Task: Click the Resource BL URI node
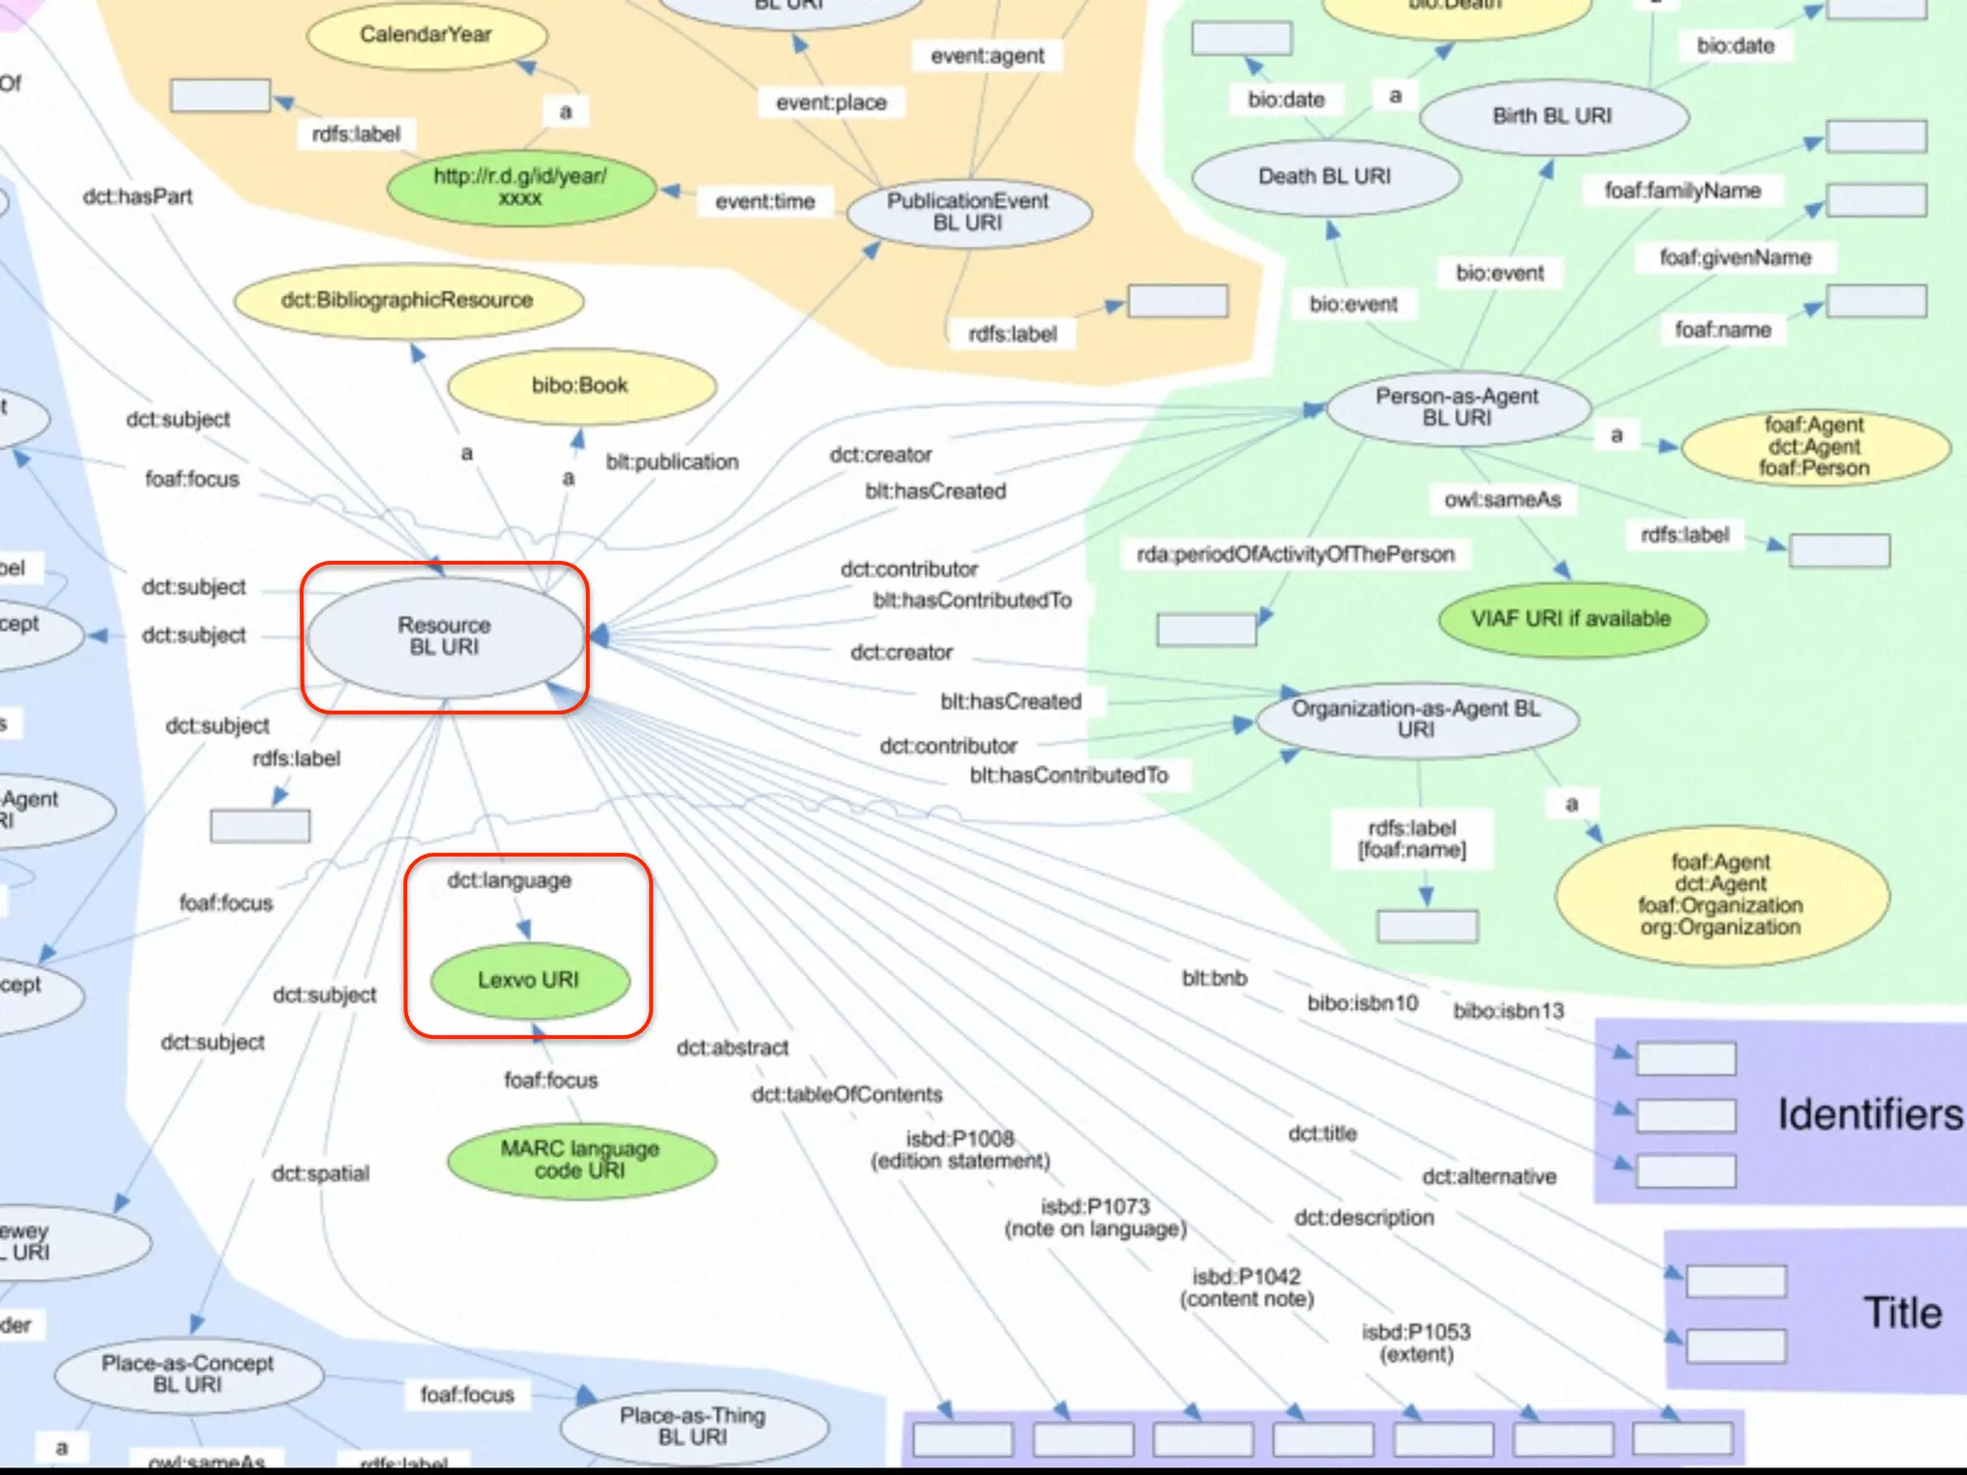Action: pyautogui.click(x=445, y=636)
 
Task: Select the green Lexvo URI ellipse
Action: pyautogui.click(x=529, y=980)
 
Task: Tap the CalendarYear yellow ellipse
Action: pyautogui.click(x=426, y=36)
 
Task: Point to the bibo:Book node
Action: pyautogui.click(x=581, y=386)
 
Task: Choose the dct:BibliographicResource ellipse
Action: pyautogui.click(x=407, y=301)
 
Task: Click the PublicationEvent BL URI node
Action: pyautogui.click(x=968, y=212)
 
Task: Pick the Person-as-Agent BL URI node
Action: pyautogui.click(x=1457, y=407)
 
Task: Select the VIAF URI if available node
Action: pyautogui.click(x=1571, y=619)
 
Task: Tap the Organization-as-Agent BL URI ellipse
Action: pyautogui.click(x=1417, y=719)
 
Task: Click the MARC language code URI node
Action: pyautogui.click(x=581, y=1160)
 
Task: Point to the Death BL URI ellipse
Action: pyautogui.click(x=1325, y=177)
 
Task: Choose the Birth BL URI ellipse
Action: pyautogui.click(x=1552, y=116)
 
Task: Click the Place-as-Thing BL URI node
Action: pyautogui.click(x=693, y=1426)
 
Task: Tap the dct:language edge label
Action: pyautogui.click(x=510, y=881)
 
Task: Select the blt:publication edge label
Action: pyautogui.click(x=672, y=462)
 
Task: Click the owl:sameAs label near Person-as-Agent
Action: pyautogui.click(x=1503, y=500)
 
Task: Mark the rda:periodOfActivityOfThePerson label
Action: pyautogui.click(x=1296, y=554)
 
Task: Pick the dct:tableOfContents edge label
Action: pyautogui.click(x=847, y=1095)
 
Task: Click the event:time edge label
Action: pyautogui.click(x=765, y=202)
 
